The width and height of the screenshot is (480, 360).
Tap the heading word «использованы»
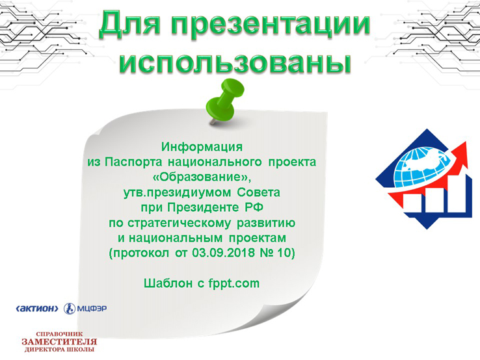pyautogui.click(x=235, y=62)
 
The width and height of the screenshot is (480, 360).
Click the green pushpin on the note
pyautogui.click(x=226, y=101)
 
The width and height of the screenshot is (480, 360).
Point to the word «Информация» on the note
pyautogui.click(x=202, y=147)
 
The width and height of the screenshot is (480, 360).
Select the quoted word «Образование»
pyautogui.click(x=202, y=177)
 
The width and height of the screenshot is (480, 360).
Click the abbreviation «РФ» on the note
pyautogui.click(x=254, y=207)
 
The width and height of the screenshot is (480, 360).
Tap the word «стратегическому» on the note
pyautogui.click(x=179, y=223)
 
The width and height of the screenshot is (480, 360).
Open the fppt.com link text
pyautogui.click(x=234, y=283)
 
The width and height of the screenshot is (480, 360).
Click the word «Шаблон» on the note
pyautogui.click(x=168, y=283)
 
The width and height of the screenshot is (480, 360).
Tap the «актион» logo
pyautogui.click(x=36, y=309)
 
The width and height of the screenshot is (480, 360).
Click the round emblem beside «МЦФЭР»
pyautogui.click(x=70, y=309)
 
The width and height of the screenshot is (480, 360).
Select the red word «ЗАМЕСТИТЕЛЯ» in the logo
pyautogui.click(x=59, y=342)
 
